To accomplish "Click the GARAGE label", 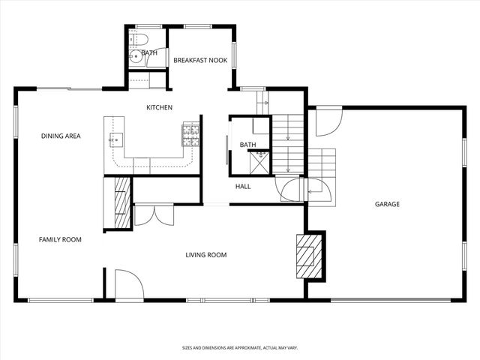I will (387, 204).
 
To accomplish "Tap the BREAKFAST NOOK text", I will (200, 60).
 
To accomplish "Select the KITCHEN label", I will (159, 107).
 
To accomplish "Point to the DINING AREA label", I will (61, 136).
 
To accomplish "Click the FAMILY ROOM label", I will (60, 239).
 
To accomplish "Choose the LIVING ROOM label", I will (206, 255).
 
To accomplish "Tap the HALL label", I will (243, 187).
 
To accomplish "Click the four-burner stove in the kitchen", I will (190, 134).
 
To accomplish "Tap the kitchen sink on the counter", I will (116, 138).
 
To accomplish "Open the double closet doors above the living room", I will (153, 214).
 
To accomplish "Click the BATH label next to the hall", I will (248, 145).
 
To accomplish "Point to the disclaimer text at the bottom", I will (239, 348).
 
